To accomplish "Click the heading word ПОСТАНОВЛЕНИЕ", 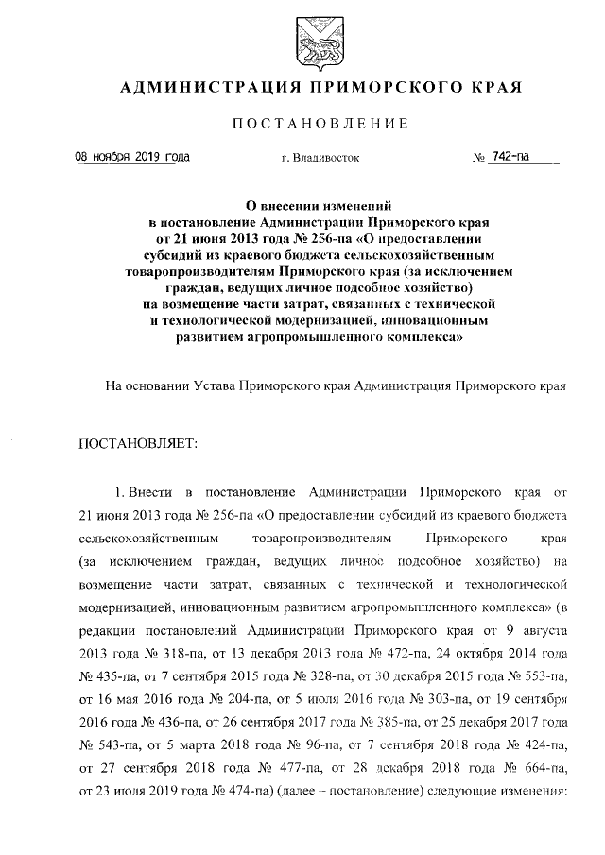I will [x=320, y=123].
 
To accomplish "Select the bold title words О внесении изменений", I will [x=320, y=204].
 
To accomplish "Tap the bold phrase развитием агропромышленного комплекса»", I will [x=320, y=335].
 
